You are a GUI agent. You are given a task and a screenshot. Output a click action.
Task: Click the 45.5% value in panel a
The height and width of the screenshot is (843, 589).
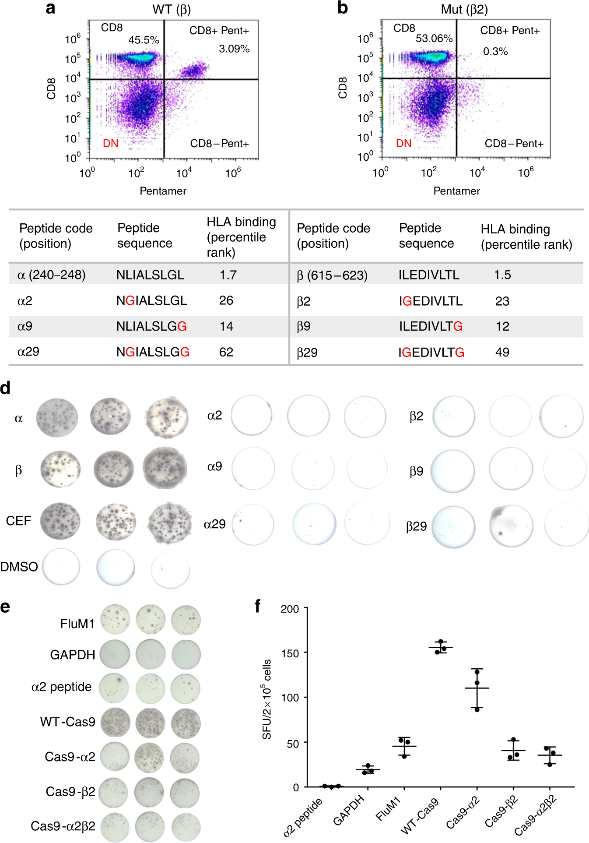click(x=144, y=40)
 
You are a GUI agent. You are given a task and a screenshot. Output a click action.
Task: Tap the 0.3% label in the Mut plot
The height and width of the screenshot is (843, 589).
click(x=495, y=52)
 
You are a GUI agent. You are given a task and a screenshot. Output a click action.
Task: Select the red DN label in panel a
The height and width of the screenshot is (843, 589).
click(x=110, y=144)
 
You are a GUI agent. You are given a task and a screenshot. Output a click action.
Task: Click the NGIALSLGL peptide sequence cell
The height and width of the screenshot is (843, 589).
click(x=151, y=300)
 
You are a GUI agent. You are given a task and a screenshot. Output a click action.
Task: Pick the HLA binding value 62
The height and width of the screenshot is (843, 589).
click(x=226, y=352)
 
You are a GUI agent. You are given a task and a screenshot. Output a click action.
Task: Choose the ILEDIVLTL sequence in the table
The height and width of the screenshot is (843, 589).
click(x=429, y=275)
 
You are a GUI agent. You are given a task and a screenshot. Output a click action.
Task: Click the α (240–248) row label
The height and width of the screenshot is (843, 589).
click(x=51, y=275)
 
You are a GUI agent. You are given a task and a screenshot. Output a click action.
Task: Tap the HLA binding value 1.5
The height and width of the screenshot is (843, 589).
click(x=502, y=275)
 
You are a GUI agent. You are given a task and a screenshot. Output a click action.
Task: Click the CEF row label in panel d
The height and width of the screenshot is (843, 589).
click(x=18, y=521)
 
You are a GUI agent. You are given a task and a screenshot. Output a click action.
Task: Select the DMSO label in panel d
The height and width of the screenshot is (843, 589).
click(x=19, y=567)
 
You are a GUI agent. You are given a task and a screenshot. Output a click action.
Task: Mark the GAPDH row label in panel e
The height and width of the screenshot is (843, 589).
click(x=72, y=655)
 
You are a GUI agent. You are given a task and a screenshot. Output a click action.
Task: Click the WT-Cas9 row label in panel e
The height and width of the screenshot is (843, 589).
click(x=67, y=722)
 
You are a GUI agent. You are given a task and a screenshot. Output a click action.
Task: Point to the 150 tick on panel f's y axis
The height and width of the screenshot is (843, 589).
click(x=290, y=653)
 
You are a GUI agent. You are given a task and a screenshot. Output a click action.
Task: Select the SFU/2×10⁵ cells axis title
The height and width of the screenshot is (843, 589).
click(x=266, y=699)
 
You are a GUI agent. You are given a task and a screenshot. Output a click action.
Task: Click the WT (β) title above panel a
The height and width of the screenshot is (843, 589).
click(x=171, y=9)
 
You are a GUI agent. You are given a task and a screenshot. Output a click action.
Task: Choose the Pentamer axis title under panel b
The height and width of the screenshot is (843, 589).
click(x=456, y=191)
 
